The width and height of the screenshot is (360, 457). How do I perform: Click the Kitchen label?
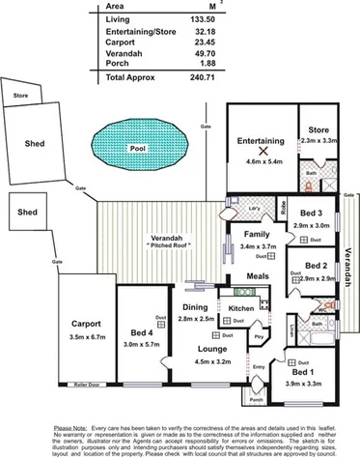point(241,309)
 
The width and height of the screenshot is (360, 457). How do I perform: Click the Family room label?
point(257,235)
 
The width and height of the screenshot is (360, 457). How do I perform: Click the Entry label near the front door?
point(258,367)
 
